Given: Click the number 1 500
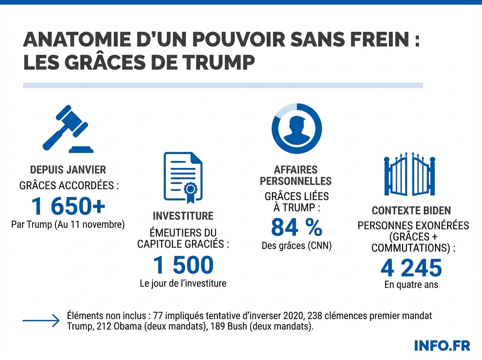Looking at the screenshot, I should [x=183, y=265].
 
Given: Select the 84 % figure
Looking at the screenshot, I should [x=296, y=227].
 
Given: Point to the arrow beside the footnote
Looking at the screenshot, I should [x=41, y=321].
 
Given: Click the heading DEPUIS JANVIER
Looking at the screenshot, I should [x=68, y=170].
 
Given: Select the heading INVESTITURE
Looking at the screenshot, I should [x=183, y=216].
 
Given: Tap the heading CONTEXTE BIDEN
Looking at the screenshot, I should [x=411, y=211].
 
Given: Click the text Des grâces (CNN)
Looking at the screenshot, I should [x=296, y=246].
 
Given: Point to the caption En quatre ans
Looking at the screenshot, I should [x=411, y=285].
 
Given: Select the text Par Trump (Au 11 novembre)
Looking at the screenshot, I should [x=68, y=224].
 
